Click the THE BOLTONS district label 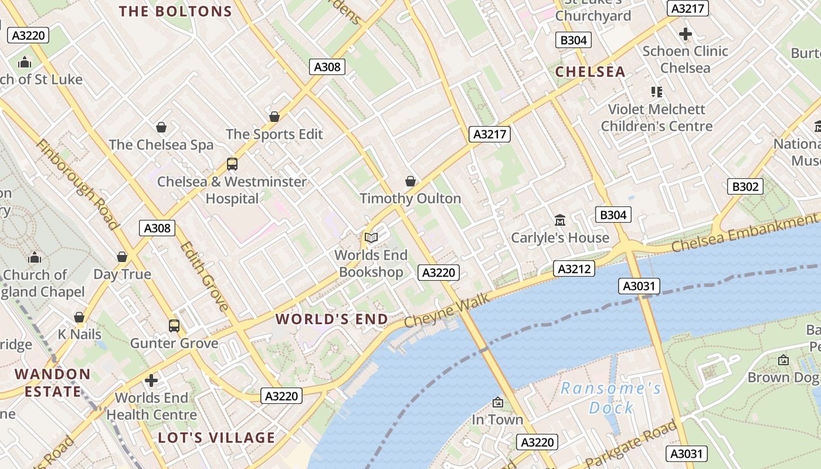pyautogui.click(x=175, y=12)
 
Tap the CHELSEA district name pyautogui.click(x=590, y=72)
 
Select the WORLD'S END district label pyautogui.click(x=332, y=320)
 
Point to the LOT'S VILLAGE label pyautogui.click(x=216, y=438)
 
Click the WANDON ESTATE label pyautogui.click(x=52, y=383)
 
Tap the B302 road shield pyautogui.click(x=745, y=187)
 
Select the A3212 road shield pyautogui.click(x=574, y=269)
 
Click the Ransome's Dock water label pyautogui.click(x=611, y=397)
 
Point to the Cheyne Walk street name pyautogui.click(x=446, y=311)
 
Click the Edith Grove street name pyautogui.click(x=204, y=276)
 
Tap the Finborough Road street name pyautogui.click(x=77, y=183)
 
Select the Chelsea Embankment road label pyautogui.click(x=744, y=233)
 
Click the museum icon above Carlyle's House pyautogui.click(x=560, y=220)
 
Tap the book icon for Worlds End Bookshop pyautogui.click(x=371, y=237)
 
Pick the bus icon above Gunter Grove pyautogui.click(x=174, y=325)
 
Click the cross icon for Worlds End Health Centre pyautogui.click(x=151, y=380)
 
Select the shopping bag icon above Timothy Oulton pyautogui.click(x=410, y=181)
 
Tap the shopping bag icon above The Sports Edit pyautogui.click(x=274, y=117)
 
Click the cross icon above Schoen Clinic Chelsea pyautogui.click(x=685, y=34)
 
